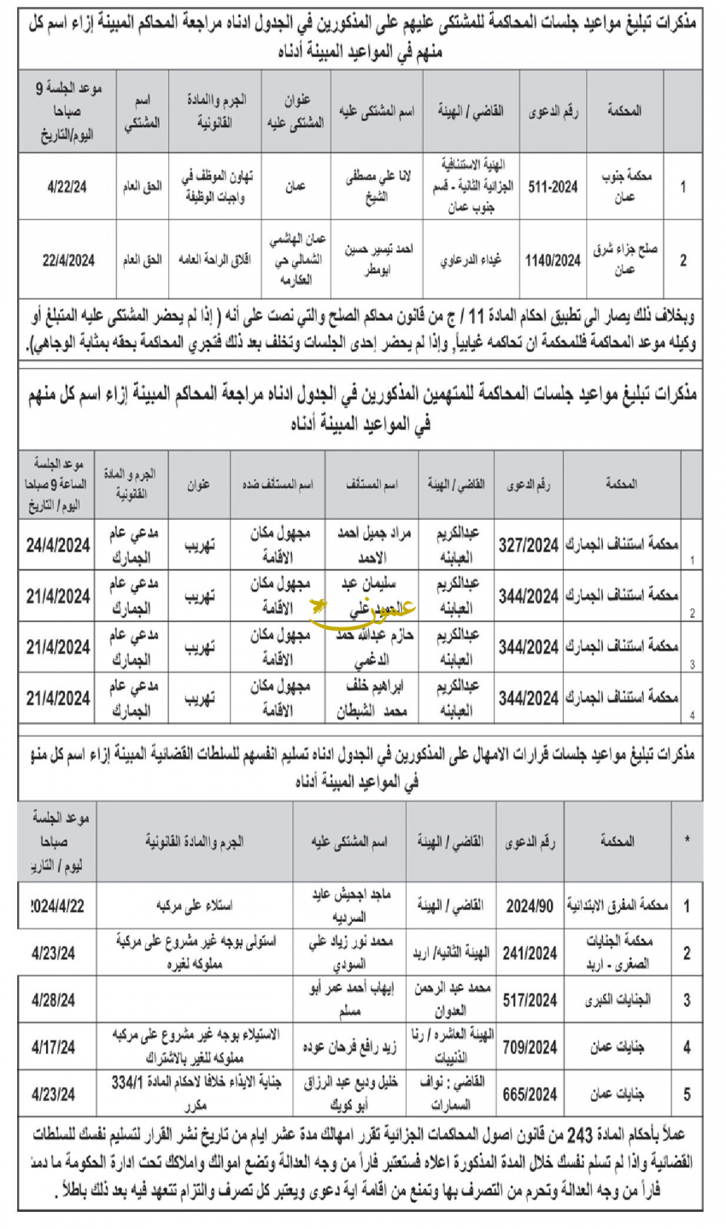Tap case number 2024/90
pyautogui.click(x=531, y=906)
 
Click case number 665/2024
pyautogui.click(x=531, y=1093)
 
